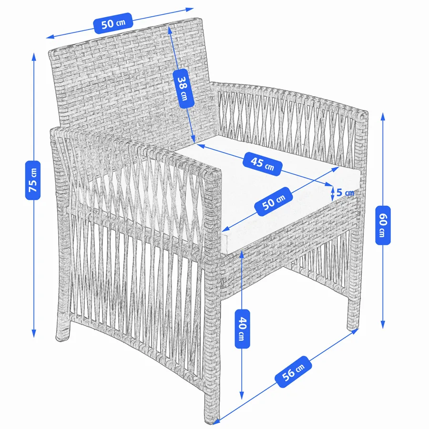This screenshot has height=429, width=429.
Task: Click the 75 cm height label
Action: point(33,180)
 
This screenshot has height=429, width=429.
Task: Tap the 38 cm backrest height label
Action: point(184,88)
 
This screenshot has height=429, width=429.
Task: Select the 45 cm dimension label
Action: point(262,163)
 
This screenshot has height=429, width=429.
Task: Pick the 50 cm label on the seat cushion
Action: point(273,201)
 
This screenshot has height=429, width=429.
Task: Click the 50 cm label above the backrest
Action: point(113,23)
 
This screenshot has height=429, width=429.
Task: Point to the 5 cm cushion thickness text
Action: point(345,193)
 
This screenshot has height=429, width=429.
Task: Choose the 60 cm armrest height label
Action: point(383,225)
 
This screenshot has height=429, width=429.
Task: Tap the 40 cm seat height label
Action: point(243,328)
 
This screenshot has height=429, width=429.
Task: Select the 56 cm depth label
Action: point(293,371)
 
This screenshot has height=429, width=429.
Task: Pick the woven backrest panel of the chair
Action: point(129,79)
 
